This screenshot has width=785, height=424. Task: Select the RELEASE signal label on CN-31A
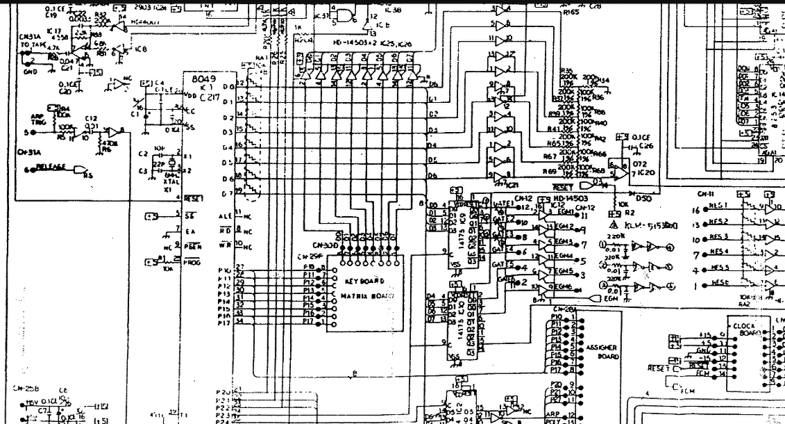[51, 167]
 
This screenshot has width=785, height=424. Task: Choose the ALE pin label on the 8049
[225, 215]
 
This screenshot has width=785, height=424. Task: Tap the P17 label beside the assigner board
[556, 370]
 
